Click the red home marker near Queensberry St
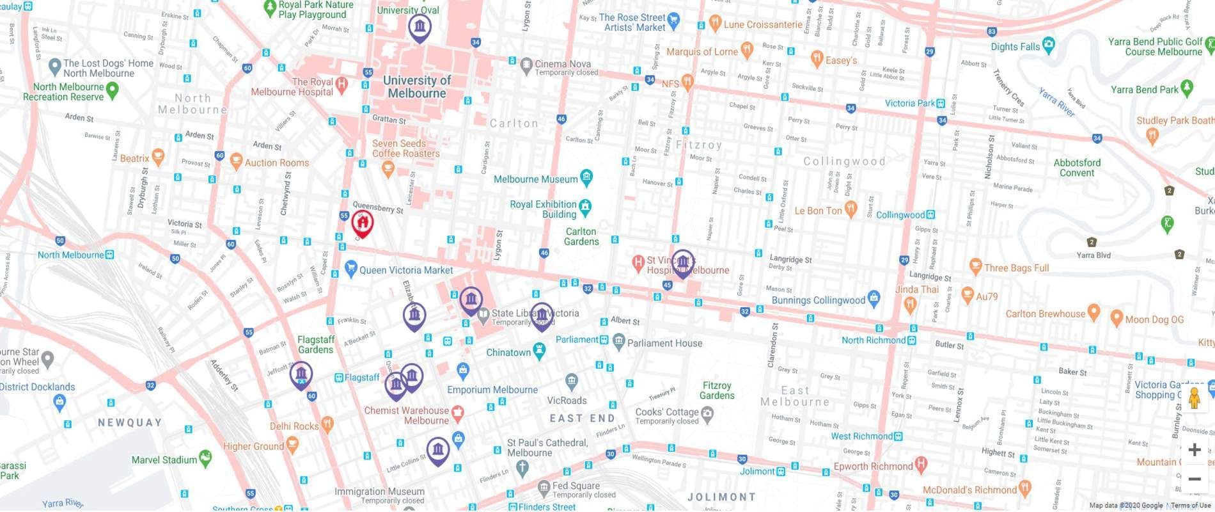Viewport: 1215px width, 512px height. (362, 223)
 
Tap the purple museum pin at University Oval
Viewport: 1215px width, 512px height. (419, 27)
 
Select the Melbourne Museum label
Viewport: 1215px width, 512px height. (535, 179)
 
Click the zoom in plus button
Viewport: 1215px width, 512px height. (1194, 450)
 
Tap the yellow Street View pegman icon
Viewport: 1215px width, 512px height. (1194, 399)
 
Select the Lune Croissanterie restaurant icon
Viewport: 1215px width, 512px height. (715, 24)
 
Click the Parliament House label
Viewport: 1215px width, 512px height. (664, 343)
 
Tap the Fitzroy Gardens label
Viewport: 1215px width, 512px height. (716, 390)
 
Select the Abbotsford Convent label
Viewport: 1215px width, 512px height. (1077, 168)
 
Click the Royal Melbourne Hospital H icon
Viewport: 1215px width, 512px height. (342, 83)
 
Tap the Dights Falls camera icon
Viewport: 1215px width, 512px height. (1047, 45)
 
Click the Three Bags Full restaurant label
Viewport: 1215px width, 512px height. (1016, 268)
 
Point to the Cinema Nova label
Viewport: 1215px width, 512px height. (562, 64)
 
